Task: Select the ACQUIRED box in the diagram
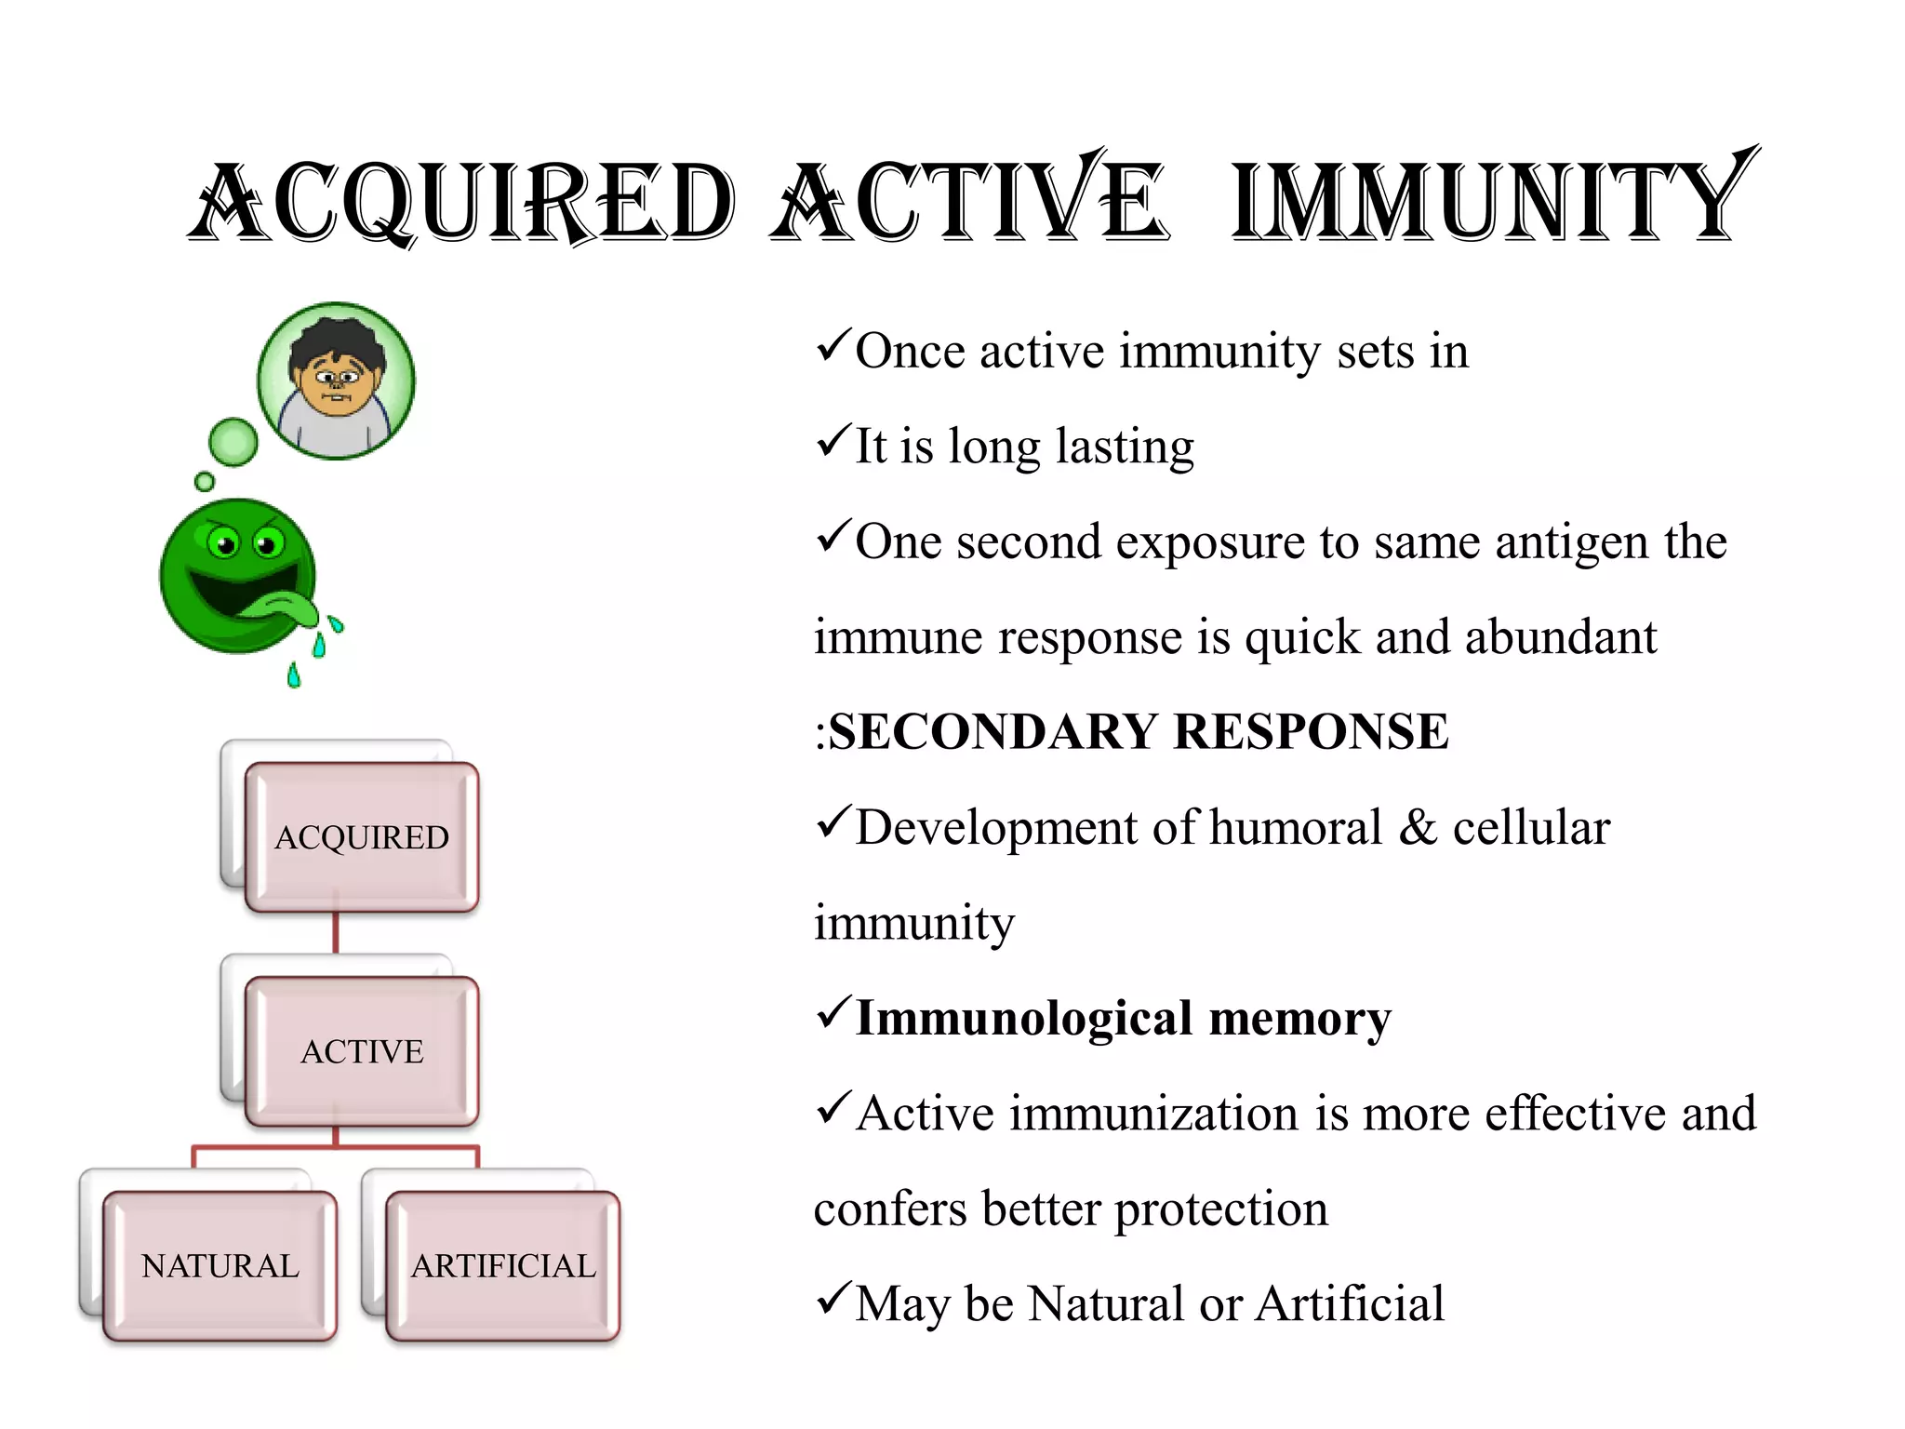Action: tap(362, 837)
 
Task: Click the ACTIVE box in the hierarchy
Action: tap(362, 1051)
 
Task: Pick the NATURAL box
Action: tap(220, 1265)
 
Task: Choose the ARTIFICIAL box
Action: tap(503, 1265)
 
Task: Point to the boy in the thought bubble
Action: tap(337, 381)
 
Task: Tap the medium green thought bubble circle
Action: tap(233, 441)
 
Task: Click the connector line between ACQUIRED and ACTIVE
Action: tap(336, 933)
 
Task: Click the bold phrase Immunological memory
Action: tap(1123, 1018)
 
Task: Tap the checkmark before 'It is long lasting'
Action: tap(833, 440)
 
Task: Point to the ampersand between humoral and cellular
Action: tap(1418, 827)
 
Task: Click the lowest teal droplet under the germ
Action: tap(294, 675)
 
